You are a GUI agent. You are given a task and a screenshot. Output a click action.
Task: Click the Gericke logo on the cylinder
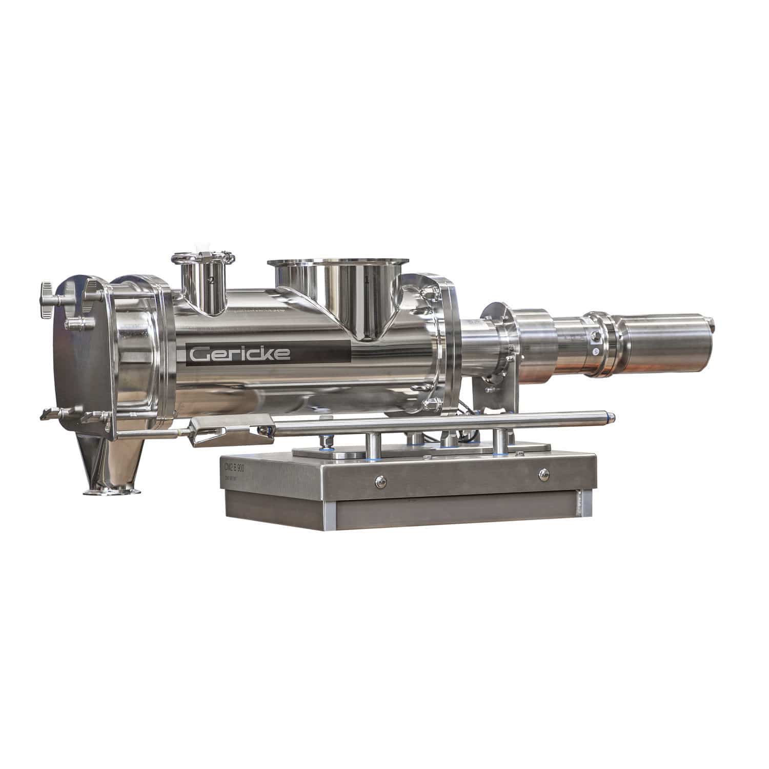point(240,353)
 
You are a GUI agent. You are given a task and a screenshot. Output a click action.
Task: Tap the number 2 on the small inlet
point(211,280)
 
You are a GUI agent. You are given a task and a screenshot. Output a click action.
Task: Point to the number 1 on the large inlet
point(367,280)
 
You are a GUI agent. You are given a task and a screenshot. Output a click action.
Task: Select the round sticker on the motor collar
point(596,352)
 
